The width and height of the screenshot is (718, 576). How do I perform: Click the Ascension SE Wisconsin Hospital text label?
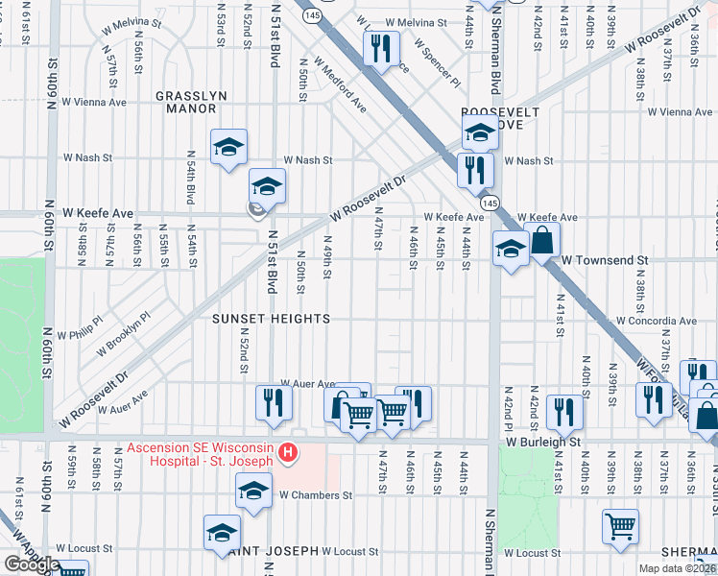click(x=201, y=454)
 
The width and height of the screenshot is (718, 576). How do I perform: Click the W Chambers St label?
click(x=316, y=496)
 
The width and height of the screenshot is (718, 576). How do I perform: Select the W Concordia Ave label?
click(x=657, y=321)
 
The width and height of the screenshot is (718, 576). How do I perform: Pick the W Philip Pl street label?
click(x=79, y=328)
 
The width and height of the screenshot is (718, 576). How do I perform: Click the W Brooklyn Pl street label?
click(x=121, y=327)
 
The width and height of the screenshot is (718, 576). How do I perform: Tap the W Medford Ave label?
click(x=343, y=87)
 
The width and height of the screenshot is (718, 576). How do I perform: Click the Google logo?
click(x=32, y=564)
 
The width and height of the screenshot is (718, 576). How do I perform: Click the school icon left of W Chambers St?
click(x=254, y=491)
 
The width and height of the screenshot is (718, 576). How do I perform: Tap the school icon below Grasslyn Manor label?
click(x=228, y=147)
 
